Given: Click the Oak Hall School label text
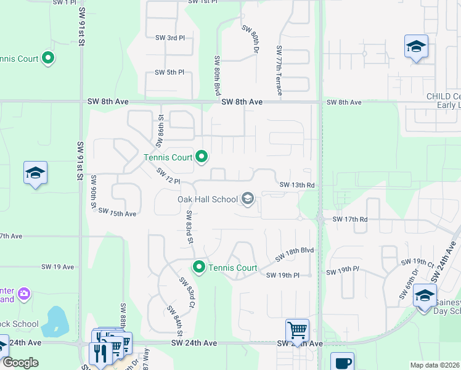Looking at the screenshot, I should coord(207,199).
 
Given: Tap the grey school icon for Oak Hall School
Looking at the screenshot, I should coord(248,198).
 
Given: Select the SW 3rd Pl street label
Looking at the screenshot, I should coord(170,38).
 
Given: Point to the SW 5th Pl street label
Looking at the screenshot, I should coord(170,73).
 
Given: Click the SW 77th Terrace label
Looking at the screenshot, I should coord(280,70).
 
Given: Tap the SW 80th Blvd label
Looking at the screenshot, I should coord(217,75).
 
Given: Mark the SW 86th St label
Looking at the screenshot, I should coord(160,129).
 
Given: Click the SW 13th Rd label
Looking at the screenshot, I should coord(297,185).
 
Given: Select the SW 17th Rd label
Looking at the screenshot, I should coord(350,219).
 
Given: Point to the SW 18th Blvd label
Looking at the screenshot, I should coord(295,253).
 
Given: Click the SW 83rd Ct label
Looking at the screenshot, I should coord(187,292).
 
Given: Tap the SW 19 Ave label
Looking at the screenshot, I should coord(57,267).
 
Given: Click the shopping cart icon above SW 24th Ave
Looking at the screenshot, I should coord(297,330).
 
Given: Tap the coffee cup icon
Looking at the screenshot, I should coord(342,363).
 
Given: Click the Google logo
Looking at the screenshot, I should coord(21,363).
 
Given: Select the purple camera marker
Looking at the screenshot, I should coord(24,292).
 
